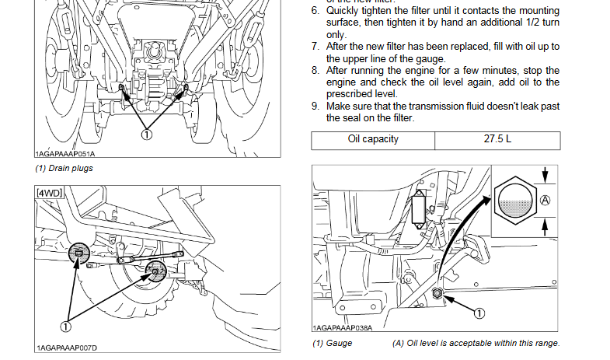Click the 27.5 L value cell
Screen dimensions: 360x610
(x=497, y=140)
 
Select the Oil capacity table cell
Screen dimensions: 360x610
(x=373, y=140)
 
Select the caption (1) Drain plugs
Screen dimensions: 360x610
(x=60, y=169)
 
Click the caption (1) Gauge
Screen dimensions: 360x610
(x=333, y=343)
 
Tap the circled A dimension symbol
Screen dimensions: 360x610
(x=546, y=200)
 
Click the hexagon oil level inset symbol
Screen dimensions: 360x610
(x=515, y=199)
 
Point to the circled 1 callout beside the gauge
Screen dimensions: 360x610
(x=479, y=313)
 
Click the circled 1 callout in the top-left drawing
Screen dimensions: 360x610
(x=145, y=134)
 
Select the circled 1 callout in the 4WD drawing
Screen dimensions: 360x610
(x=66, y=316)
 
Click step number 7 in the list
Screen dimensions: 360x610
(x=315, y=47)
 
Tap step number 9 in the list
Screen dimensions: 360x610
(x=315, y=106)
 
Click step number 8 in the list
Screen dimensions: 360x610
(x=315, y=71)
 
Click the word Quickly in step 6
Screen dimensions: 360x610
(x=343, y=12)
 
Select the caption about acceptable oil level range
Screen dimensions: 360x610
(x=476, y=343)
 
